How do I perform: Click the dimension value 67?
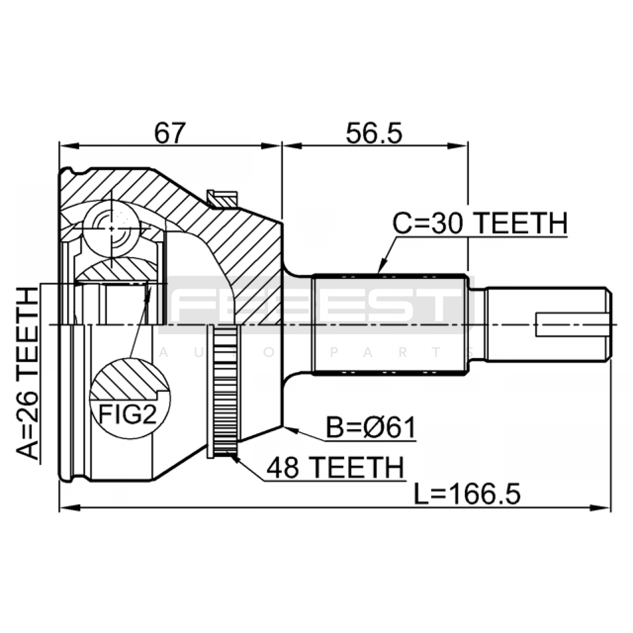[x=170, y=133]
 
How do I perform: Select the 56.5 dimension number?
[x=374, y=133]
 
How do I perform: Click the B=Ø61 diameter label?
[x=371, y=428]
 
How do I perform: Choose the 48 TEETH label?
[x=335, y=467]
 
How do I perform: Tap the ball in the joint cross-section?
[x=112, y=229]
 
